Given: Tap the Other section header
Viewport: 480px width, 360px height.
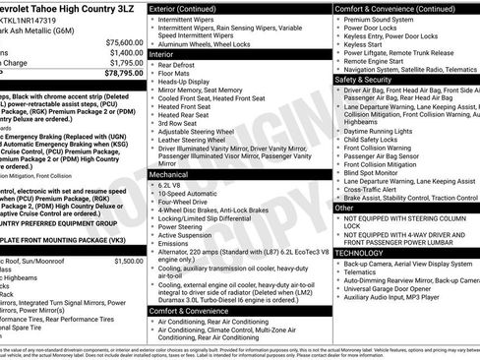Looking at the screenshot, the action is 345,208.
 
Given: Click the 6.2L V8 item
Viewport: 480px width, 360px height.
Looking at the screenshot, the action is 174,185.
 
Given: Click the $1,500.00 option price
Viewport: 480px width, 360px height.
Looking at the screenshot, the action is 127,261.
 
